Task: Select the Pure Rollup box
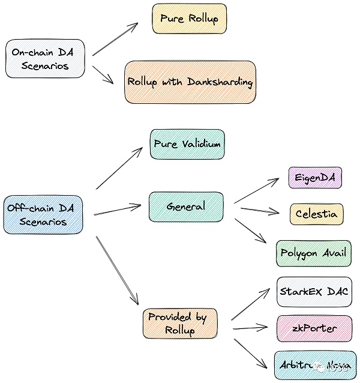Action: [x=189, y=19]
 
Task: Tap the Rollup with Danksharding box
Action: [x=190, y=82]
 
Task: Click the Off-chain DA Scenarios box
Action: [x=43, y=214]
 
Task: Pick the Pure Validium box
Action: [x=187, y=144]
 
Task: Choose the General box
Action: [x=186, y=207]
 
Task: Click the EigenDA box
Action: [x=315, y=178]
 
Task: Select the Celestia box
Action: [x=316, y=214]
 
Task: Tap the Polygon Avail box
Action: [x=313, y=253]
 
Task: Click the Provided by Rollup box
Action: [x=179, y=323]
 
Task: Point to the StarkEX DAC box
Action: [x=314, y=292]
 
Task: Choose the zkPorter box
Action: [x=314, y=328]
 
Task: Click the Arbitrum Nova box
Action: [x=314, y=365]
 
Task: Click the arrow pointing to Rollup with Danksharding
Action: [x=103, y=71]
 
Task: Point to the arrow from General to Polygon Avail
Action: [x=251, y=231]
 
